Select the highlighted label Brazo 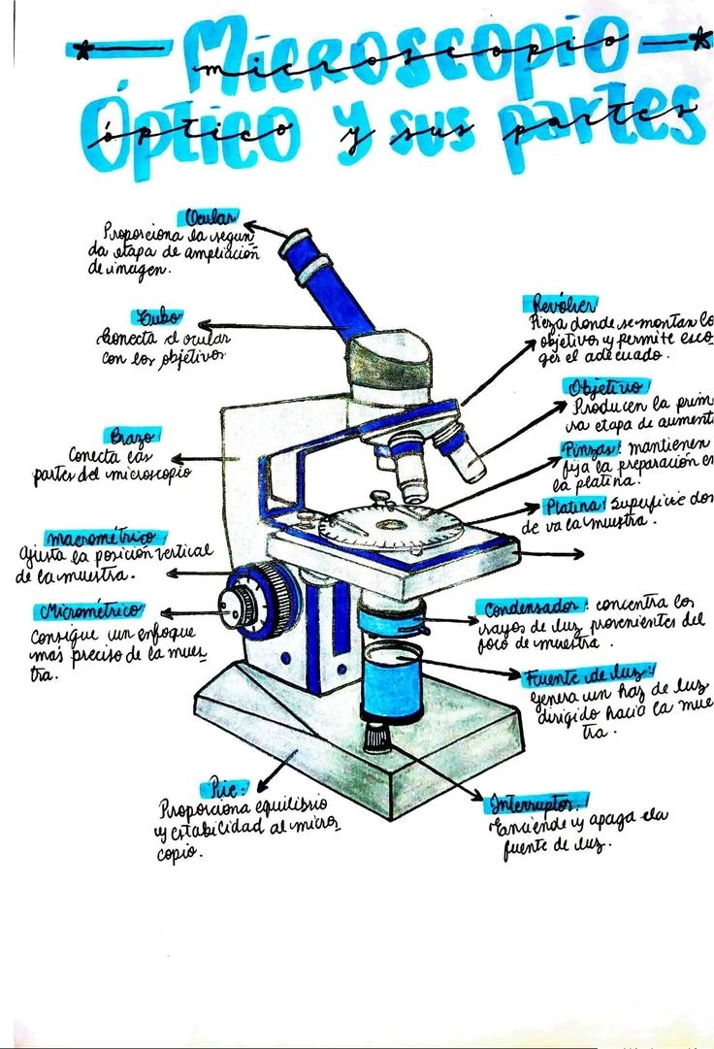point(130,436)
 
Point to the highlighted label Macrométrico point(104,537)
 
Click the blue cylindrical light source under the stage point(392,679)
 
